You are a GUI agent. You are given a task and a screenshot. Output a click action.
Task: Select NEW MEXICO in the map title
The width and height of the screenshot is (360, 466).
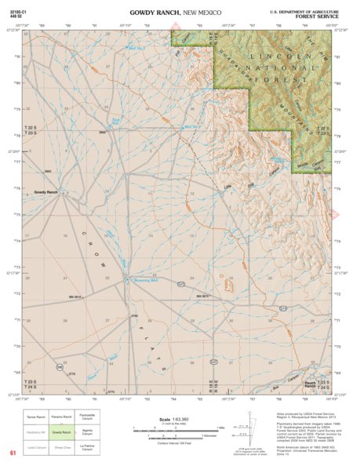(x=201, y=13)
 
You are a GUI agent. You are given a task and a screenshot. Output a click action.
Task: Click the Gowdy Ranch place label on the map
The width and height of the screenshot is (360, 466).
(x=45, y=192)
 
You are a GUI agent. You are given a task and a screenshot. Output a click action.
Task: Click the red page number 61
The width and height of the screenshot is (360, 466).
(x=13, y=453)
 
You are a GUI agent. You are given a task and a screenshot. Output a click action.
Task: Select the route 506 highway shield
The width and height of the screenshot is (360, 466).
(x=59, y=366)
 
